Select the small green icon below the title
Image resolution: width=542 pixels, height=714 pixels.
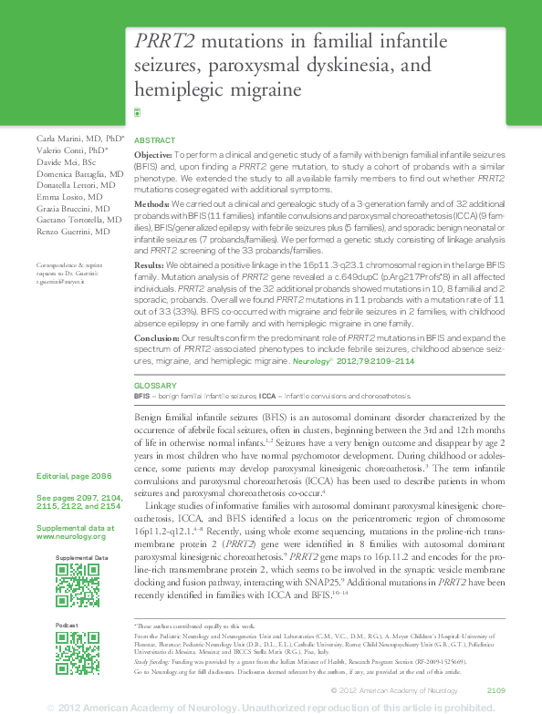(x=138, y=112)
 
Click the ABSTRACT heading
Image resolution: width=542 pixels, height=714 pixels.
(x=154, y=141)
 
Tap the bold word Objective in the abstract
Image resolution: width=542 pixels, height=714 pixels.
(x=152, y=157)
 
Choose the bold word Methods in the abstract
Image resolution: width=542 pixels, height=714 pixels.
(x=151, y=202)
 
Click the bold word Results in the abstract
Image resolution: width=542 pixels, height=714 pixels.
(x=150, y=263)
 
